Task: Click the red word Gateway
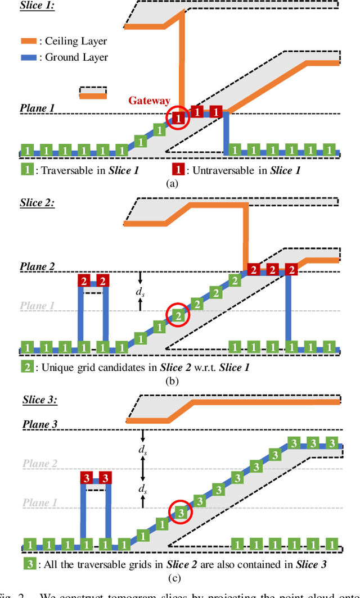point(149,101)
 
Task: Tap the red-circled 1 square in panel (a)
point(178,119)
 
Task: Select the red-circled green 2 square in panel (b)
point(178,316)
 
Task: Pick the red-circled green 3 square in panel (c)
point(181,512)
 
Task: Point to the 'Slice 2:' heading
point(37,203)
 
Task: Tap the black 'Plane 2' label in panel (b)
point(38,266)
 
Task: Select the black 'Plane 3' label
point(40,424)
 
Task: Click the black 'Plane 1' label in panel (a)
point(38,108)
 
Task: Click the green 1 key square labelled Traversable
point(26,169)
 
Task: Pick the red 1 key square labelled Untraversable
point(178,169)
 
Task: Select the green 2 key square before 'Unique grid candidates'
point(27,367)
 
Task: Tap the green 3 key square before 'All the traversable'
point(30,564)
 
